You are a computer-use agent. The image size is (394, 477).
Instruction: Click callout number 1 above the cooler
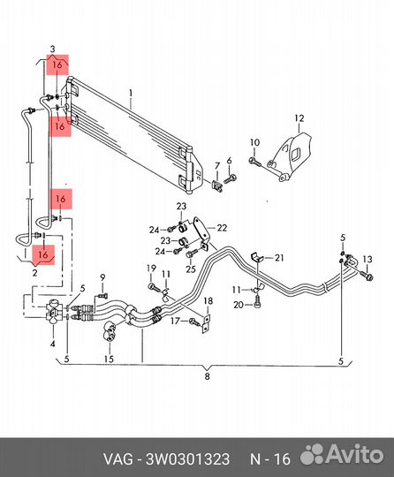coord(131,93)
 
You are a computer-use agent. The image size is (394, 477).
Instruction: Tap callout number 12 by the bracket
coord(299,118)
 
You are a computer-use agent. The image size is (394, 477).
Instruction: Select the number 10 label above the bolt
coord(255,142)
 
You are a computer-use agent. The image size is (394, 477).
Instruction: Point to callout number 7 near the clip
coord(217,166)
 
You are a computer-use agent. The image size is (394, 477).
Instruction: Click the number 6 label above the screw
coord(229,161)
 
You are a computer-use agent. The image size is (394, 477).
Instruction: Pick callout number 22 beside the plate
coord(222,228)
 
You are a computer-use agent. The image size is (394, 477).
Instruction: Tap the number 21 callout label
coord(279,258)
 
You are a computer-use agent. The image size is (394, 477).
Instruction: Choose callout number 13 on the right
coord(367,260)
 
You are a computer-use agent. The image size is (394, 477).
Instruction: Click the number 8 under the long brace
coord(208,376)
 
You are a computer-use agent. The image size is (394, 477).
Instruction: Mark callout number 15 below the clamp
coord(109,360)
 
